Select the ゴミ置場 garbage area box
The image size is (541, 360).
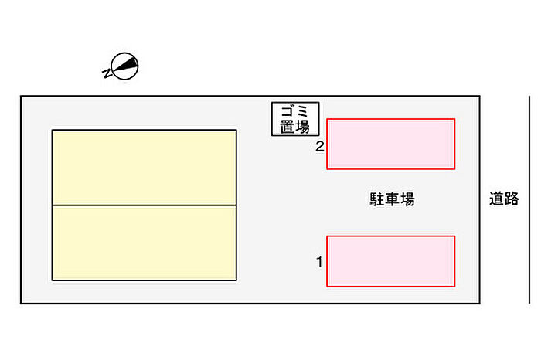[x=295, y=120]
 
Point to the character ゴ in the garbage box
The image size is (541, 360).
[x=287, y=113]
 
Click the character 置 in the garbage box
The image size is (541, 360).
[x=287, y=127]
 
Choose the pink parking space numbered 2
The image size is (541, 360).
[x=390, y=144]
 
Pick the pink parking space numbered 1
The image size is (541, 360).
[x=390, y=261]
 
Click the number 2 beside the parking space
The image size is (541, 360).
[x=318, y=145]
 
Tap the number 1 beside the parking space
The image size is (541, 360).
[x=318, y=263]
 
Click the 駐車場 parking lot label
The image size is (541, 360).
[x=391, y=199]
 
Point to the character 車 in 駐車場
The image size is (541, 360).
[x=391, y=199]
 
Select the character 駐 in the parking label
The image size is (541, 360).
[x=376, y=199]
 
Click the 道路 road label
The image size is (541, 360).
[x=504, y=199]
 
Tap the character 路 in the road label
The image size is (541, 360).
[x=512, y=199]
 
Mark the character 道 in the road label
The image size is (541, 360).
[x=496, y=199]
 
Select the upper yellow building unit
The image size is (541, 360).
[x=144, y=167]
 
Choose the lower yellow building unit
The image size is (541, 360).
[x=144, y=242]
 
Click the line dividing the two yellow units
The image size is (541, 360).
[x=144, y=205]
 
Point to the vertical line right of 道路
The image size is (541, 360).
[x=529, y=199]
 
